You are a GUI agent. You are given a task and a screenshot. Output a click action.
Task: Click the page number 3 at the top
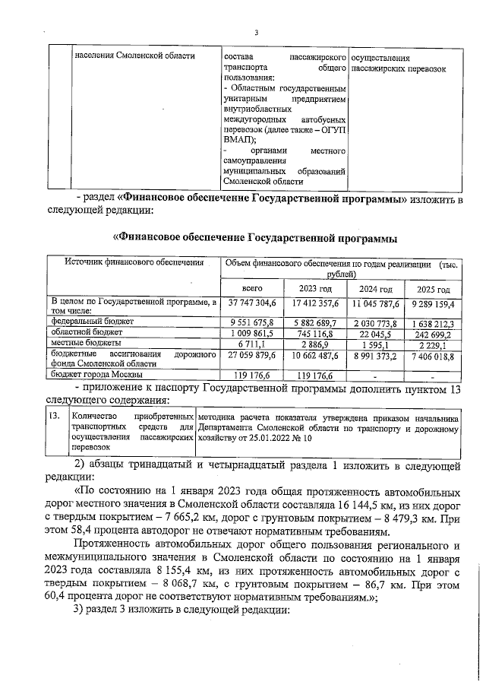point(256,33)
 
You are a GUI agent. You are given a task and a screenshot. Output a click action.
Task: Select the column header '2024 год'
point(375,290)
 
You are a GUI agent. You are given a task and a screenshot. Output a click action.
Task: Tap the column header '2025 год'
point(434,290)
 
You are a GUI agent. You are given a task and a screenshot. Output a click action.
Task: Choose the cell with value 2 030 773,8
point(375,322)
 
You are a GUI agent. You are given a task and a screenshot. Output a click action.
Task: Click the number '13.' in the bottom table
point(54,417)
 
